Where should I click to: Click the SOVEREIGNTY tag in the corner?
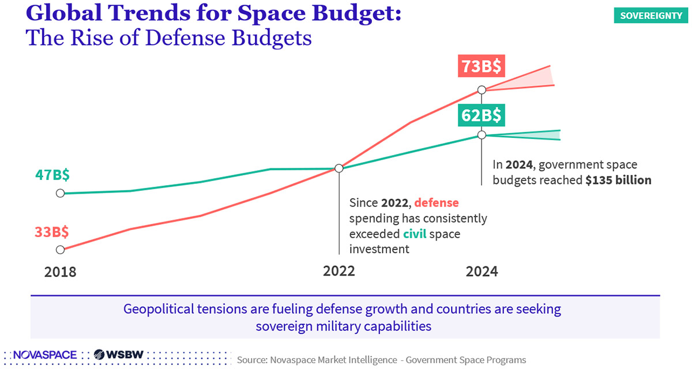[651, 16]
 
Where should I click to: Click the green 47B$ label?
[52, 174]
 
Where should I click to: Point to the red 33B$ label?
[52, 232]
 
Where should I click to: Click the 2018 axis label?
[60, 272]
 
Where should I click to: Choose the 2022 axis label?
[339, 272]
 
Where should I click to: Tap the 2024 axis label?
[482, 272]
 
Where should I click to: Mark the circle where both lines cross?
[339, 168]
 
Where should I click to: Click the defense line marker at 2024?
[482, 90]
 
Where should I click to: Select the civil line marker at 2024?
[482, 135]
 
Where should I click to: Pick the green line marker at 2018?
[60, 193]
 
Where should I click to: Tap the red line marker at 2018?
[60, 250]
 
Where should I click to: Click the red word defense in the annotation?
[437, 203]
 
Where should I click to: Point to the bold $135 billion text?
[618, 180]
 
